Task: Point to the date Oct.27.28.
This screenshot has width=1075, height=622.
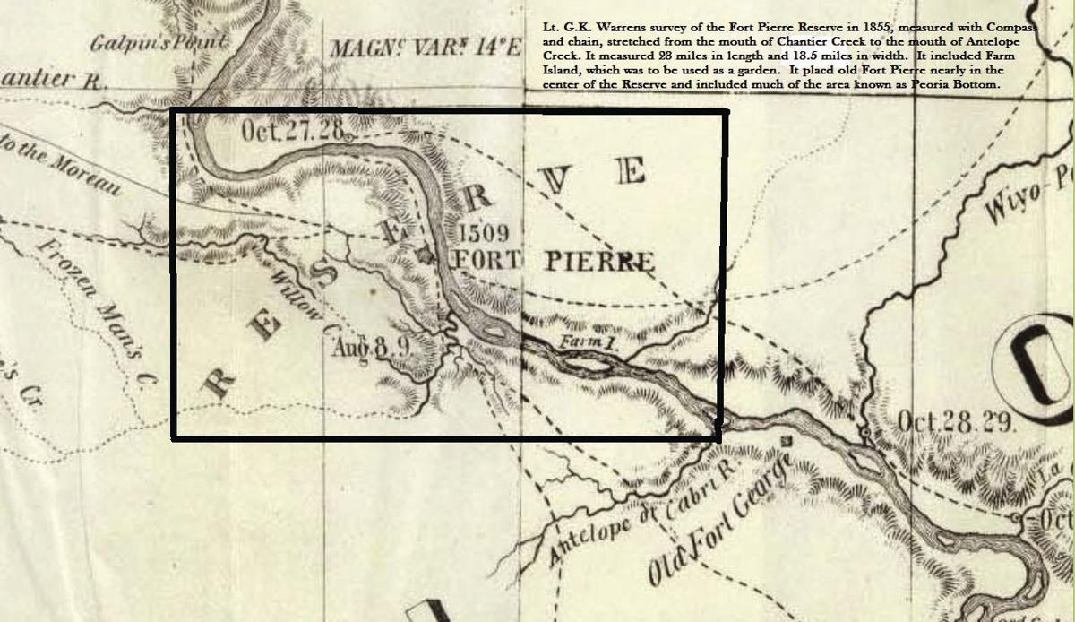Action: coord(293,131)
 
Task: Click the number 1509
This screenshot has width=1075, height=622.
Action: coord(484,234)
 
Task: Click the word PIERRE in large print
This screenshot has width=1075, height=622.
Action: coord(598,262)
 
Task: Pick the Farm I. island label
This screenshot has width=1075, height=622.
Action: coord(582,343)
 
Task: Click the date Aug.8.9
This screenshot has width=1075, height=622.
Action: coord(371,347)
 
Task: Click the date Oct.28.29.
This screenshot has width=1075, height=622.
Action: coord(956,421)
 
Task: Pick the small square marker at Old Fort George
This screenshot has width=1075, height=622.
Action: coord(787,441)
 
